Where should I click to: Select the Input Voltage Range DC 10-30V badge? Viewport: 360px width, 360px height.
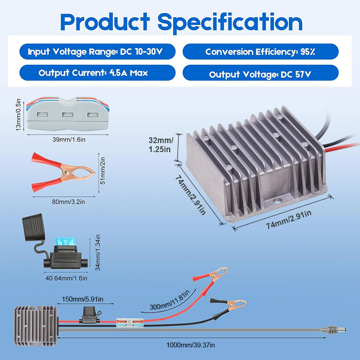[x=95, y=52]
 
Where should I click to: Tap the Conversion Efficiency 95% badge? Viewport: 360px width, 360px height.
[x=260, y=52]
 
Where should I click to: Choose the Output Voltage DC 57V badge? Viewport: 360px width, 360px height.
[x=260, y=74]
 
